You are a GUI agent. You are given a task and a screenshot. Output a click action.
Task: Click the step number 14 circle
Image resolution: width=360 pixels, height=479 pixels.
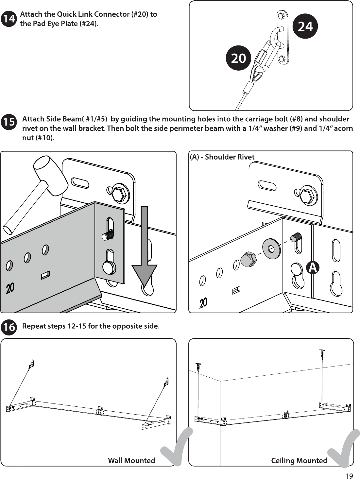9,19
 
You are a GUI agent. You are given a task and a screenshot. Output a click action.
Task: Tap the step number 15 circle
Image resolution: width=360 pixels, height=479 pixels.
9,122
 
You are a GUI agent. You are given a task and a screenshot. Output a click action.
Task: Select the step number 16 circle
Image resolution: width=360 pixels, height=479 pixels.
9,327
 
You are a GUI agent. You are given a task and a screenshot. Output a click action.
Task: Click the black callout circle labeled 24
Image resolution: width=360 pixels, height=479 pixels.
305,26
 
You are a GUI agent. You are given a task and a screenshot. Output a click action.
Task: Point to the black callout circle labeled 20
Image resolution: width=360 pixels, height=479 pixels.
238,58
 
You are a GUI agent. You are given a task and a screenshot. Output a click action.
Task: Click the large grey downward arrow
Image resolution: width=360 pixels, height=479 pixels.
144,246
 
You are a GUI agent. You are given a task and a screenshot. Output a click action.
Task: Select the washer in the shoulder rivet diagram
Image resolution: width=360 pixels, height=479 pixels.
272,248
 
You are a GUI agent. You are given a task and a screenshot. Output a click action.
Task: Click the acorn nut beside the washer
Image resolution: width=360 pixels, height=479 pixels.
248,260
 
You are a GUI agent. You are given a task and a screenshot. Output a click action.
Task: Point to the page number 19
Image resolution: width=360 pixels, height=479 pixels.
349,476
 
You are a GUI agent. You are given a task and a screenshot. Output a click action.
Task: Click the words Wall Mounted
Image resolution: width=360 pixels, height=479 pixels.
131,460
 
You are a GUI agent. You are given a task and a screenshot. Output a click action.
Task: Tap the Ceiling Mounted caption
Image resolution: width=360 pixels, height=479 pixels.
299,460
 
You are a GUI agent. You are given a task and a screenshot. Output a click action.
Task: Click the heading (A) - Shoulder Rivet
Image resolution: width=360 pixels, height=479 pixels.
222,157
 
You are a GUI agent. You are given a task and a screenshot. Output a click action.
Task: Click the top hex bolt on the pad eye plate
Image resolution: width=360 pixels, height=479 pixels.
281,16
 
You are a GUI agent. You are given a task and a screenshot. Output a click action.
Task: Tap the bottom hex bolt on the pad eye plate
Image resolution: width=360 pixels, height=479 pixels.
282,59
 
